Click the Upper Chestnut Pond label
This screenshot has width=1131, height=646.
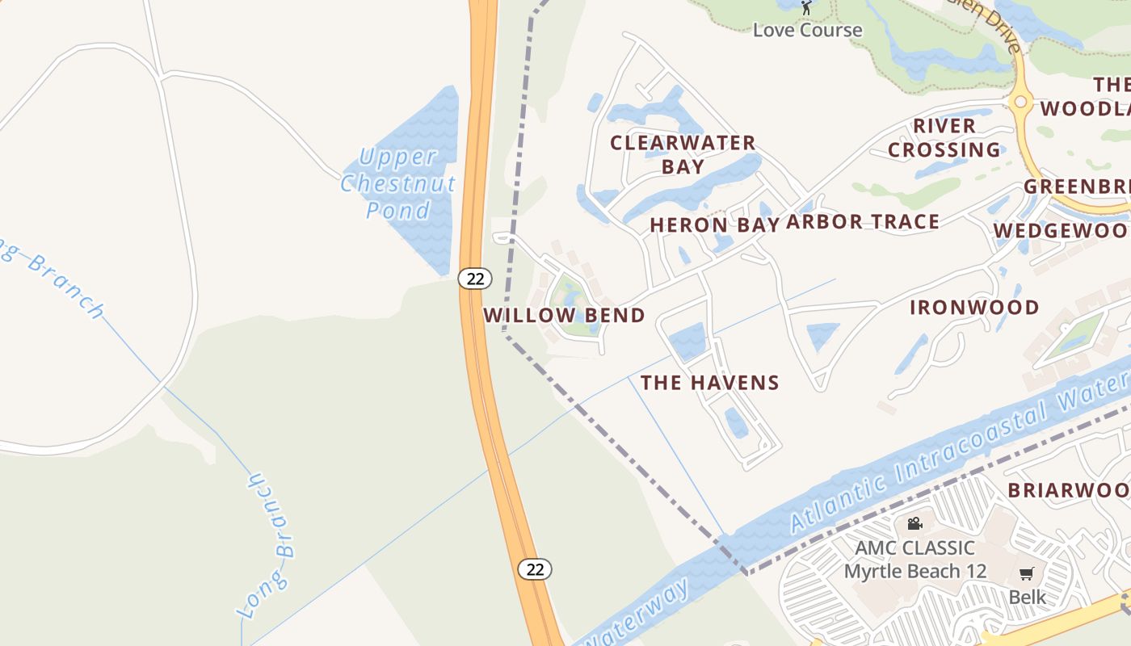coord(397,183)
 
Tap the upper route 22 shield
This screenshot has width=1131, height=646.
coord(475,279)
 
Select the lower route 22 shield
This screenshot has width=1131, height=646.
coord(534,568)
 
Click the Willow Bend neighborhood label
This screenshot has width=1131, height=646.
coord(564,315)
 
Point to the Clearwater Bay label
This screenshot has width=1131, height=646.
coord(683,154)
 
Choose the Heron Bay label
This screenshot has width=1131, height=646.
coord(715,224)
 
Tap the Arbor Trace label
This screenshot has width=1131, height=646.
coord(862,221)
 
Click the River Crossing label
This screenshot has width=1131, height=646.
coord(944,138)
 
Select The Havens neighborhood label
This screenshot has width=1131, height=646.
coord(710,382)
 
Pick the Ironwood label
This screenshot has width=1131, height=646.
coord(974,307)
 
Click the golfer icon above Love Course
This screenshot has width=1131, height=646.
coord(805,7)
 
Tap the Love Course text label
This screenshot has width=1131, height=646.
coord(807,30)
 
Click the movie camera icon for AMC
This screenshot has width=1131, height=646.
coord(914,523)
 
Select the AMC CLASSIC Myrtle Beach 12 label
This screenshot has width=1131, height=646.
coord(915,560)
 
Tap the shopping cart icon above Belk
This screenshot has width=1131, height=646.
coord(1026,574)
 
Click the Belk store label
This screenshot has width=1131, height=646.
coord(1027,597)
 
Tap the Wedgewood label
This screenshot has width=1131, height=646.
coord(1061,230)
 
